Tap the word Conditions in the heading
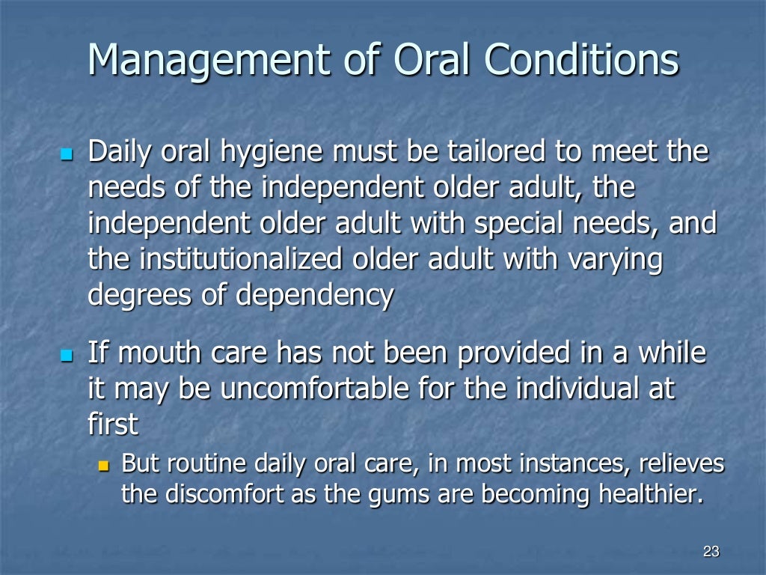point(582,59)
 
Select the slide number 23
point(711,553)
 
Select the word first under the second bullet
point(113,424)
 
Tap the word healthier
point(650,494)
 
